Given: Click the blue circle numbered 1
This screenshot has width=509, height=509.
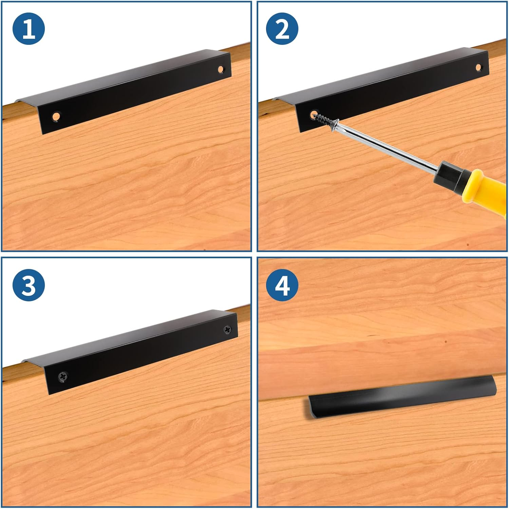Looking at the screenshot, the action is pos(29,29).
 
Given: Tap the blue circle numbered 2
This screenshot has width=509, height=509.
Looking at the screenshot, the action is pos(282,29).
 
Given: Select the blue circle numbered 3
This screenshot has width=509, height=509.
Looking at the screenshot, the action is pos(29,285).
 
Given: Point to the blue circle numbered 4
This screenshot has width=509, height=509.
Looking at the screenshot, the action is pos(282,285).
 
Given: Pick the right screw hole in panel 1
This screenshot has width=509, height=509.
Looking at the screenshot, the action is pos(221,70).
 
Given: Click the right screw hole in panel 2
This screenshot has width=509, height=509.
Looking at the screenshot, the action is pos(478,67).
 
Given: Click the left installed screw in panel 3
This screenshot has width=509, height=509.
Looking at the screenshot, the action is pos(63,376).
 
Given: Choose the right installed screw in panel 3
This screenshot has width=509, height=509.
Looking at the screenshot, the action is pos(227,329).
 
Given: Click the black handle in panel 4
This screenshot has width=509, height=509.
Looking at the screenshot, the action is pos(402,397).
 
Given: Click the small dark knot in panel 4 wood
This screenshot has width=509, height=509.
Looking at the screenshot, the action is pos(446,341).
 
